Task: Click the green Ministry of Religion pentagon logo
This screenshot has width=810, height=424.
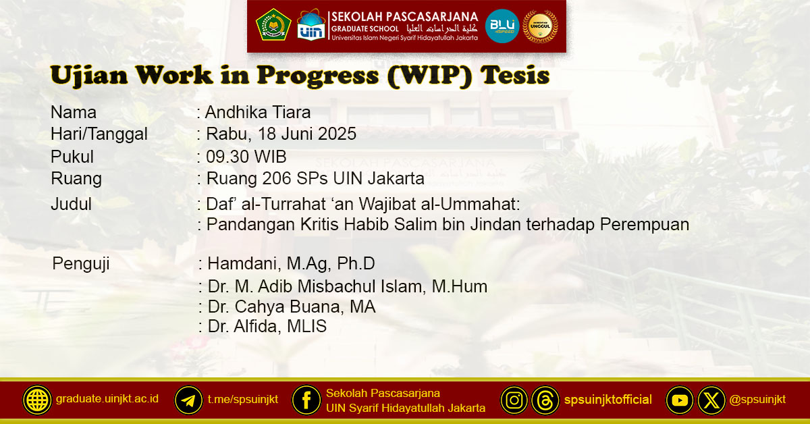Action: tap(273, 24)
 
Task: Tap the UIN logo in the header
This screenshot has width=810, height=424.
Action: tap(311, 24)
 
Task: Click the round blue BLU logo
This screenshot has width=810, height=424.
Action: tap(502, 26)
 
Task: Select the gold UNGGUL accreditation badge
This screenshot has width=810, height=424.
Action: tap(540, 26)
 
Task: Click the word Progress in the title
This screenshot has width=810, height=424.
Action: tap(318, 77)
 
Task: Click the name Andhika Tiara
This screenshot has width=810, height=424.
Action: tap(258, 112)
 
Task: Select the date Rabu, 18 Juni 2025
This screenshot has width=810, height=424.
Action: tap(281, 134)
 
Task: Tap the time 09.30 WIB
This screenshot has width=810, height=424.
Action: tap(246, 157)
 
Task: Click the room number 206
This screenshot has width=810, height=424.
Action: tap(277, 178)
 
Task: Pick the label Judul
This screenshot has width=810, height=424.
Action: tap(72, 204)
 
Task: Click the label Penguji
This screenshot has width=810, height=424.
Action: tap(80, 264)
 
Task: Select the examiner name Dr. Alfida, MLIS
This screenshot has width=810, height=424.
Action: tap(267, 326)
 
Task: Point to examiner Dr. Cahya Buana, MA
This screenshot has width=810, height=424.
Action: tap(292, 307)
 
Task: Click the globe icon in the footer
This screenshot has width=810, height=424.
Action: tap(37, 400)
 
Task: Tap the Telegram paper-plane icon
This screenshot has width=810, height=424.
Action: tap(188, 400)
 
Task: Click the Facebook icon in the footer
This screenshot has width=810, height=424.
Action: tap(306, 400)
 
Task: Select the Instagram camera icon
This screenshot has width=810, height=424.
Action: tap(514, 400)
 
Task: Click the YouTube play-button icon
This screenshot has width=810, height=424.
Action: tap(680, 400)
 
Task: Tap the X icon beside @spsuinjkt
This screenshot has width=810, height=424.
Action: tap(711, 400)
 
